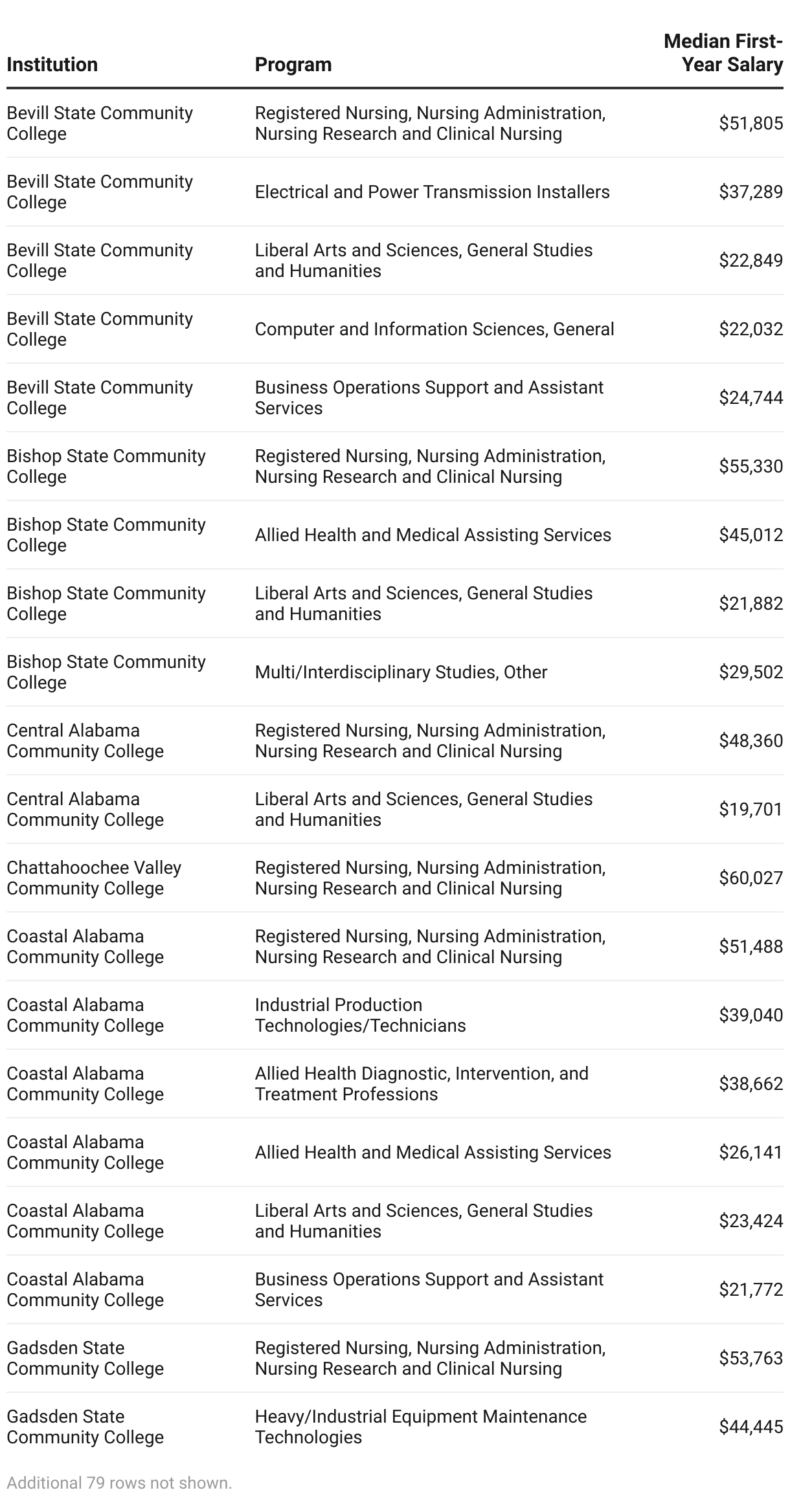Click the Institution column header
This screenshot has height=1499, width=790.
(52, 65)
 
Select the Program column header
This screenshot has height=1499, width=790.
(293, 65)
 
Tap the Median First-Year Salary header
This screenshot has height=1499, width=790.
(723, 53)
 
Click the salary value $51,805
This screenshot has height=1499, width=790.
(751, 123)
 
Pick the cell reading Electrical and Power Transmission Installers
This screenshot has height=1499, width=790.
(432, 192)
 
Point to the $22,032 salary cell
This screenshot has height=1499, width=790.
(751, 329)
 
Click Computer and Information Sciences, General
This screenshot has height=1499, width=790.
(434, 329)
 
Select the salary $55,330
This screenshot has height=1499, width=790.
(751, 466)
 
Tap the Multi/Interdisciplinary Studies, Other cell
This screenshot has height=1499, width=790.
(401, 672)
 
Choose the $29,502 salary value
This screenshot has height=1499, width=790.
(751, 672)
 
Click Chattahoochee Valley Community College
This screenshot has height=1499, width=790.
(94, 878)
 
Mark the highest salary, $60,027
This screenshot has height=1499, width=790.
(751, 878)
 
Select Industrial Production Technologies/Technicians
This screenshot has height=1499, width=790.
(360, 1015)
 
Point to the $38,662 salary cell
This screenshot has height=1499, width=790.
(751, 1083)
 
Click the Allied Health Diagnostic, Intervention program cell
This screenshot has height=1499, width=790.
(421, 1083)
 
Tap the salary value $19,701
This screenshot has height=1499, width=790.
(751, 809)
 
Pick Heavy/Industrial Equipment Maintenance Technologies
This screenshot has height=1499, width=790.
(420, 1427)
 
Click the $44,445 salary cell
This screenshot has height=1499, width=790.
(751, 1427)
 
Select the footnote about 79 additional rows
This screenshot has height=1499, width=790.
(119, 1483)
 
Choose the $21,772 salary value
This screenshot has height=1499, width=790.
(751, 1289)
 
